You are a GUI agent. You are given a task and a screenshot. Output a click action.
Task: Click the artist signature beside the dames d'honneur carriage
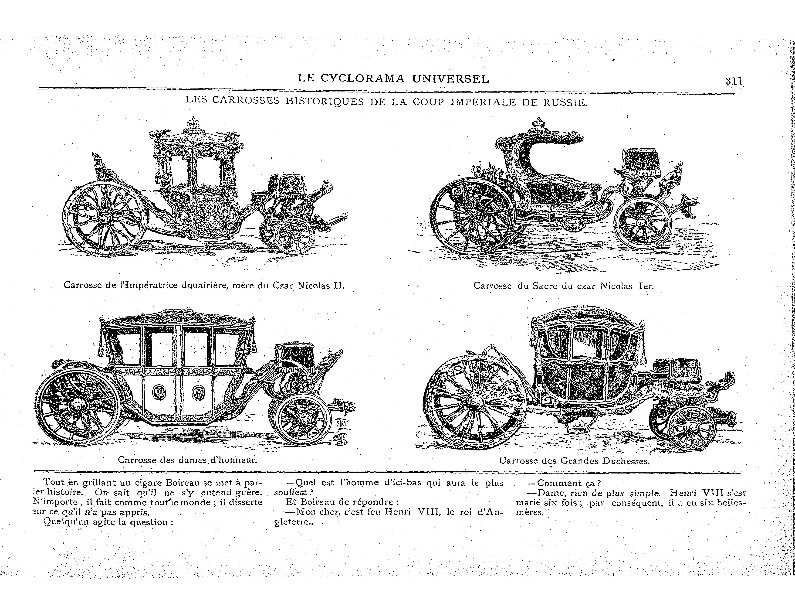point(343,424)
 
